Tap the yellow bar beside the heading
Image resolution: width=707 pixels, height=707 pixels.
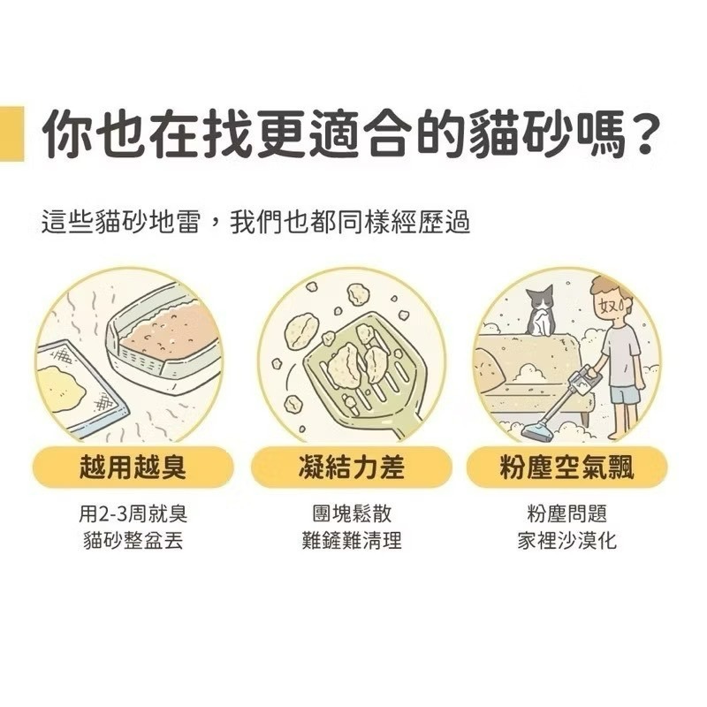click(x=11, y=135)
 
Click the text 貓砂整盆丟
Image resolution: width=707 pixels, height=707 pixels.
click(x=133, y=540)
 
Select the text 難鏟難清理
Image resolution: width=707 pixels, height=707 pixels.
click(x=352, y=540)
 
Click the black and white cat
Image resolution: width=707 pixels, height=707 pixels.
click(x=538, y=311)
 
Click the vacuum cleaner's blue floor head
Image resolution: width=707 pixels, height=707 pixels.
click(x=537, y=432)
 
